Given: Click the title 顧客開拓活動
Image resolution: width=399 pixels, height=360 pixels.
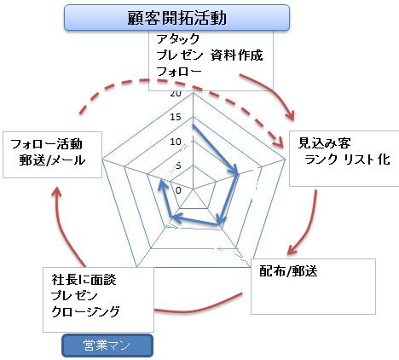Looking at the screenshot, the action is pyautogui.click(x=176, y=18).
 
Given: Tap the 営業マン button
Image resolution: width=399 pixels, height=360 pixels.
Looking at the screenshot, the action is pyautogui.click(x=107, y=345).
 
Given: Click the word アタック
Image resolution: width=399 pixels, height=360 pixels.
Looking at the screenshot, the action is pyautogui.click(x=178, y=38).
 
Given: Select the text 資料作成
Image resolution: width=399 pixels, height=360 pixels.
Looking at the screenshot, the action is pyautogui.click(x=237, y=55).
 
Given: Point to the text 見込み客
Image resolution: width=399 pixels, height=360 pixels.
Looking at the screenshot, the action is pyautogui.click(x=324, y=143).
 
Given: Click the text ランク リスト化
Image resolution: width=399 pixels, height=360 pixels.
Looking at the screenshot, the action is pyautogui.click(x=347, y=160).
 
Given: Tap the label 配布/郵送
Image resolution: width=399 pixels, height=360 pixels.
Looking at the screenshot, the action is pyautogui.click(x=288, y=271).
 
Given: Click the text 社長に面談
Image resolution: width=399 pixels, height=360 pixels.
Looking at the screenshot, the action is pyautogui.click(x=84, y=280).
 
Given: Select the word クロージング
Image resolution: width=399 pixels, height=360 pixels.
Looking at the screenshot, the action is pyautogui.click(x=85, y=311).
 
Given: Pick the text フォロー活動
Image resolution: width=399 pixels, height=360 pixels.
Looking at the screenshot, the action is pyautogui.click(x=46, y=144).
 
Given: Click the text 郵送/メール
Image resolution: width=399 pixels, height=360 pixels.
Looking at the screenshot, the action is pyautogui.click(x=52, y=160).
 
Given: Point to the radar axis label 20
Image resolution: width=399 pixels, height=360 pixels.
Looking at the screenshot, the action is pyautogui.click(x=176, y=94).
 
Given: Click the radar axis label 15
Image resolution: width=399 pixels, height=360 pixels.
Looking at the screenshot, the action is pyautogui.click(x=176, y=117).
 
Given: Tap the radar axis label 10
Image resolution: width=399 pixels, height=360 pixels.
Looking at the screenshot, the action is pyautogui.click(x=176, y=142).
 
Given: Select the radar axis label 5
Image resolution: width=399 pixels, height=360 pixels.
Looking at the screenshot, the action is pyautogui.click(x=178, y=165).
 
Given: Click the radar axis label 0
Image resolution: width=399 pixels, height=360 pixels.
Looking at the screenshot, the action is pyautogui.click(x=178, y=190).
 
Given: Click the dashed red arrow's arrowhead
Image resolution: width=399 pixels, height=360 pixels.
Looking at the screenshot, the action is pyautogui.click(x=279, y=142).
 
